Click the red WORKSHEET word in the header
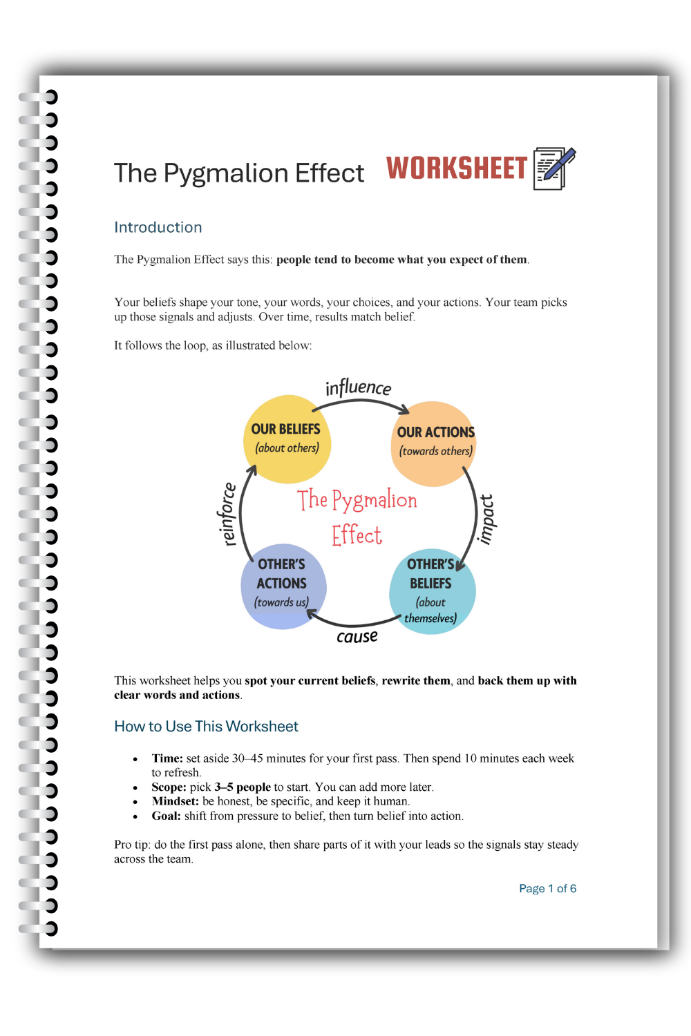pyautogui.click(x=456, y=169)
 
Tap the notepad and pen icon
pyautogui.click(x=554, y=168)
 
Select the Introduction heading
pyautogui.click(x=158, y=227)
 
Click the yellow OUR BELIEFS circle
pyautogui.click(x=287, y=439)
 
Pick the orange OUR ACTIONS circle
pyautogui.click(x=435, y=443)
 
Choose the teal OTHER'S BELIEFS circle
pyautogui.click(x=432, y=591)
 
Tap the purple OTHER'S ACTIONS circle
pyautogui.click(x=283, y=586)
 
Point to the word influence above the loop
pyautogui.click(x=358, y=387)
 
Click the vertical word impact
pyautogui.click(x=486, y=519)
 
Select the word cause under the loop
pyautogui.click(x=357, y=636)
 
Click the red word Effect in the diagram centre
pyautogui.click(x=357, y=535)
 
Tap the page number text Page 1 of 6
pyautogui.click(x=547, y=888)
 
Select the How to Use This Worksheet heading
pyautogui.click(x=206, y=726)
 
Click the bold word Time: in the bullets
pyautogui.click(x=167, y=758)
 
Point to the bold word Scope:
pyautogui.click(x=169, y=787)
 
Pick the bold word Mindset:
pyautogui.click(x=175, y=801)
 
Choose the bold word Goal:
pyautogui.click(x=166, y=816)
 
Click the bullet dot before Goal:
pyautogui.click(x=135, y=816)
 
